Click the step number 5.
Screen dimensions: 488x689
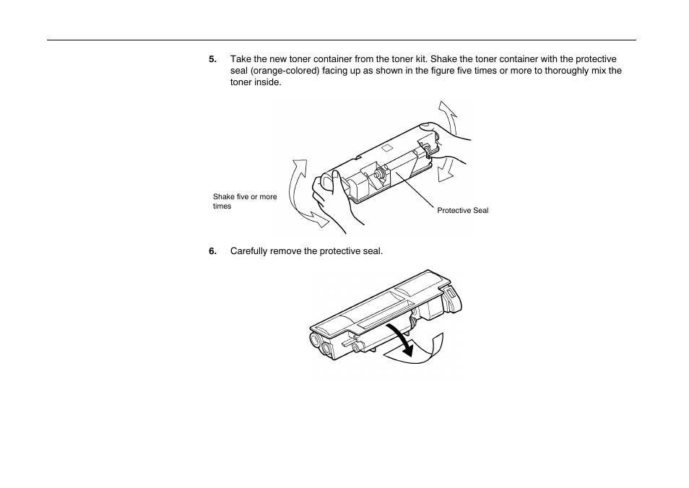click(212, 59)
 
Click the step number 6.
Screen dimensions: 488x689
click(212, 251)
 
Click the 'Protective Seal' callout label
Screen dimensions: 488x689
click(462, 211)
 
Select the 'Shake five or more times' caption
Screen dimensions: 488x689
click(244, 201)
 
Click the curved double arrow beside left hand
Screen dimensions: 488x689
click(301, 195)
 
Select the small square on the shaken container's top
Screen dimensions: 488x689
click(386, 148)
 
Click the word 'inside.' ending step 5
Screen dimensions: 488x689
click(267, 82)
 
